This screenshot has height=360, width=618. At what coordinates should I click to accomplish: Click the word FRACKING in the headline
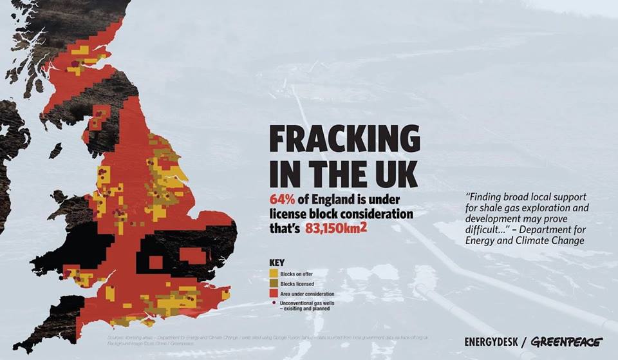pyautogui.click(x=344, y=140)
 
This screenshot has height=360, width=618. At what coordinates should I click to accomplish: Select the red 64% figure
pyautogui.click(x=281, y=198)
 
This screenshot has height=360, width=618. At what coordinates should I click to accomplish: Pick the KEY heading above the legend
pyautogui.click(x=276, y=263)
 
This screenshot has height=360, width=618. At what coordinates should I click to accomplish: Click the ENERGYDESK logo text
pyautogui.click(x=494, y=342)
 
